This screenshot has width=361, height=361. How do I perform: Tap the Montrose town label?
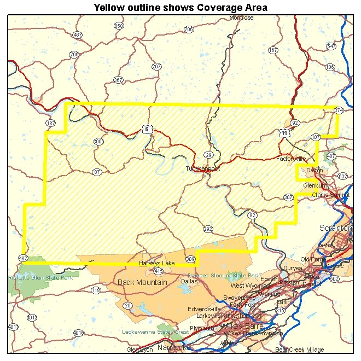[x=241, y=18]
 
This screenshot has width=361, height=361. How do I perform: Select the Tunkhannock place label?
[x=202, y=169]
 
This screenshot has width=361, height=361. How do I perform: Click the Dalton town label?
[x=314, y=170]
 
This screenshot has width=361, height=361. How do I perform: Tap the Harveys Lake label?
[x=156, y=263]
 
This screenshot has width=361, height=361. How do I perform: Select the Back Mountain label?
[x=142, y=282]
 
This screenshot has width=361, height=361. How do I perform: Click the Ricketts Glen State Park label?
[x=40, y=278]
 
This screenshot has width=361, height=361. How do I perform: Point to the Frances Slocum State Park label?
[x=224, y=275]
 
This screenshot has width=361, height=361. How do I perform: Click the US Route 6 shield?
[x=146, y=129]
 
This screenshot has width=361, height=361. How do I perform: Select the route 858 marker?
[x=119, y=26]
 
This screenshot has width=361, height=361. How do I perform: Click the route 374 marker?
[x=339, y=110]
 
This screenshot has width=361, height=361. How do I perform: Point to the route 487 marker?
[x=23, y=258]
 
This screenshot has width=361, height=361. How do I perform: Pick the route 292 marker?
[x=208, y=229]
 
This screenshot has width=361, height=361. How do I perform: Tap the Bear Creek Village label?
[x=299, y=350]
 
